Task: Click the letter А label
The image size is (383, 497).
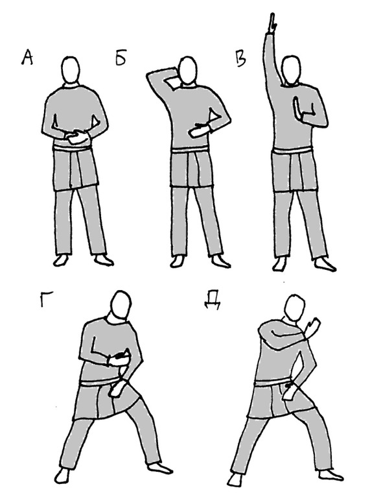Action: click(27, 58)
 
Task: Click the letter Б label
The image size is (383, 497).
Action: click(121, 58)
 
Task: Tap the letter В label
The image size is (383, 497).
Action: click(241, 58)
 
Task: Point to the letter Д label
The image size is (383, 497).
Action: click(212, 300)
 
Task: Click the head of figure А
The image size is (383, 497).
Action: click(70, 69)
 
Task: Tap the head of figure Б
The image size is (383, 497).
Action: click(188, 70)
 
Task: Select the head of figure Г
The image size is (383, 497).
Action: click(121, 305)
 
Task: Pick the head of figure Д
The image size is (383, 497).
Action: click(294, 308)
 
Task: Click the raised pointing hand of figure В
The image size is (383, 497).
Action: click(272, 23)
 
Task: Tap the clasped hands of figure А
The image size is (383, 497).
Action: click(77, 137)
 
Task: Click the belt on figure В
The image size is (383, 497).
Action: click(293, 151)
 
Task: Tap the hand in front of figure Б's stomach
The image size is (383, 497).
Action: click(200, 130)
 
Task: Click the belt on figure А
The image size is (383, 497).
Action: click(72, 149)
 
